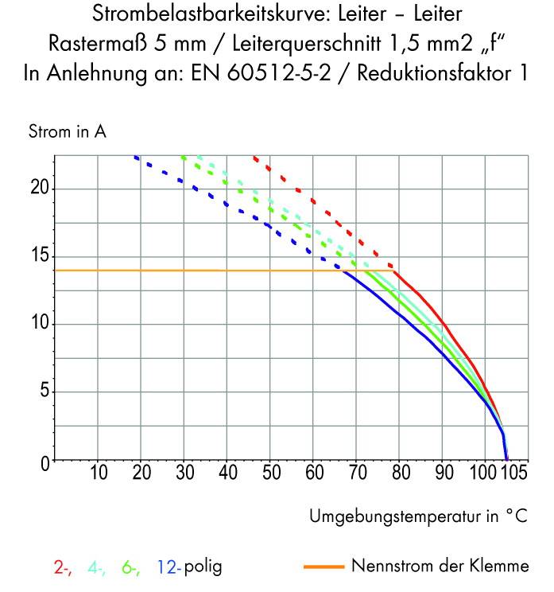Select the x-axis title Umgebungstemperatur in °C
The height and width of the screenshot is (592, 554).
click(418, 516)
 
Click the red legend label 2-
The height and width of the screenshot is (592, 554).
click(63, 567)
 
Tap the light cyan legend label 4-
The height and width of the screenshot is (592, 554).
click(96, 567)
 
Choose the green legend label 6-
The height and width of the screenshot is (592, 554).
click(130, 567)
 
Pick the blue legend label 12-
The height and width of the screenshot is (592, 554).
click(169, 567)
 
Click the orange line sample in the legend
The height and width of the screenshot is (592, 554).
click(323, 567)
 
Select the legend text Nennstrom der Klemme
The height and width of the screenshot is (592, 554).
click(440, 567)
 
